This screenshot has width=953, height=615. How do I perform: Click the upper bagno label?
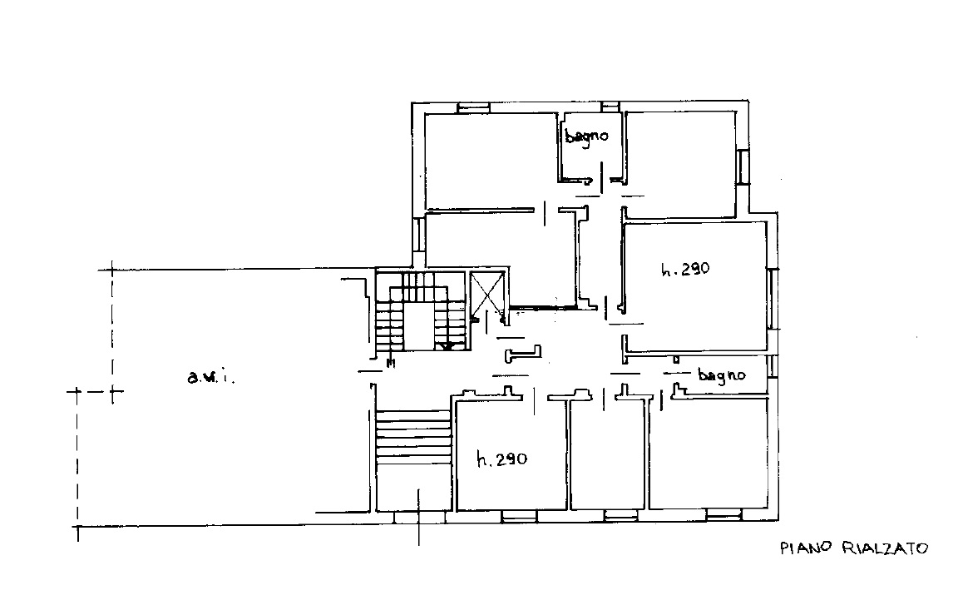[586, 136]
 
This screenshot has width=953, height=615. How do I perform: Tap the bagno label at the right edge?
[722, 374]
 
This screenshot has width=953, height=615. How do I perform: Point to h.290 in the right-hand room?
[685, 269]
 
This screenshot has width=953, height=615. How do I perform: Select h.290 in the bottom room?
[502, 459]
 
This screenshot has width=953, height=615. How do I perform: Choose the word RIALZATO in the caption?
[885, 548]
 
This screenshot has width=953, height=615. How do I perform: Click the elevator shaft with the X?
[487, 293]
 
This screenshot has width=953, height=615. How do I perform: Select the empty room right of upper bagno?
[681, 164]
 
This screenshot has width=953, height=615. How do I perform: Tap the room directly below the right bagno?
[708, 454]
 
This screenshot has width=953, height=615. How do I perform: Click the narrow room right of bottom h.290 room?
[606, 455]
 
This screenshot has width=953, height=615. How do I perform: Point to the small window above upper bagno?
[610, 107]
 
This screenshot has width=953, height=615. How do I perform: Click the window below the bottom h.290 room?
[520, 517]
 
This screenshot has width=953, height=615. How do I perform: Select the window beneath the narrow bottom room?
[620, 517]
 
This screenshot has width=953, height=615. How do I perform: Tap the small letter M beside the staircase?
[391, 365]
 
